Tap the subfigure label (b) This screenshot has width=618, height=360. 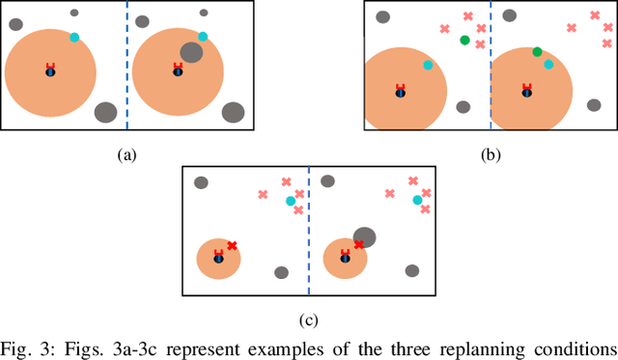pyautogui.click(x=492, y=153)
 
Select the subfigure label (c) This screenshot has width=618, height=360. pyautogui.click(x=309, y=319)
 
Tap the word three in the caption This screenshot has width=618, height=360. pyautogui.click(x=409, y=346)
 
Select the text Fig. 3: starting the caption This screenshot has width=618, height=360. pyautogui.click(x=26, y=346)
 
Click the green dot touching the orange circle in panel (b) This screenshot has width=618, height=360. pyautogui.click(x=537, y=52)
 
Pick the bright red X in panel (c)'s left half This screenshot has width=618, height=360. pyautogui.click(x=232, y=246)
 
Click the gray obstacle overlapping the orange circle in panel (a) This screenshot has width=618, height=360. pyautogui.click(x=191, y=52)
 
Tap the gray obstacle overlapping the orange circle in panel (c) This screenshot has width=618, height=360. pyautogui.click(x=364, y=236)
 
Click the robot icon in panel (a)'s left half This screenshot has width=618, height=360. pyautogui.click(x=50, y=70)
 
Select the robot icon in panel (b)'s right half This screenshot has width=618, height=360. pyautogui.click(x=526, y=91)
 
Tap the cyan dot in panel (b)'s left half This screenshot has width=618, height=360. pyautogui.click(x=427, y=65)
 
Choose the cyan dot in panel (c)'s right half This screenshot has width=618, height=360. pyautogui.click(x=417, y=201)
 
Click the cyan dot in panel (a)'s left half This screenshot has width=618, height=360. pyautogui.click(x=74, y=38)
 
